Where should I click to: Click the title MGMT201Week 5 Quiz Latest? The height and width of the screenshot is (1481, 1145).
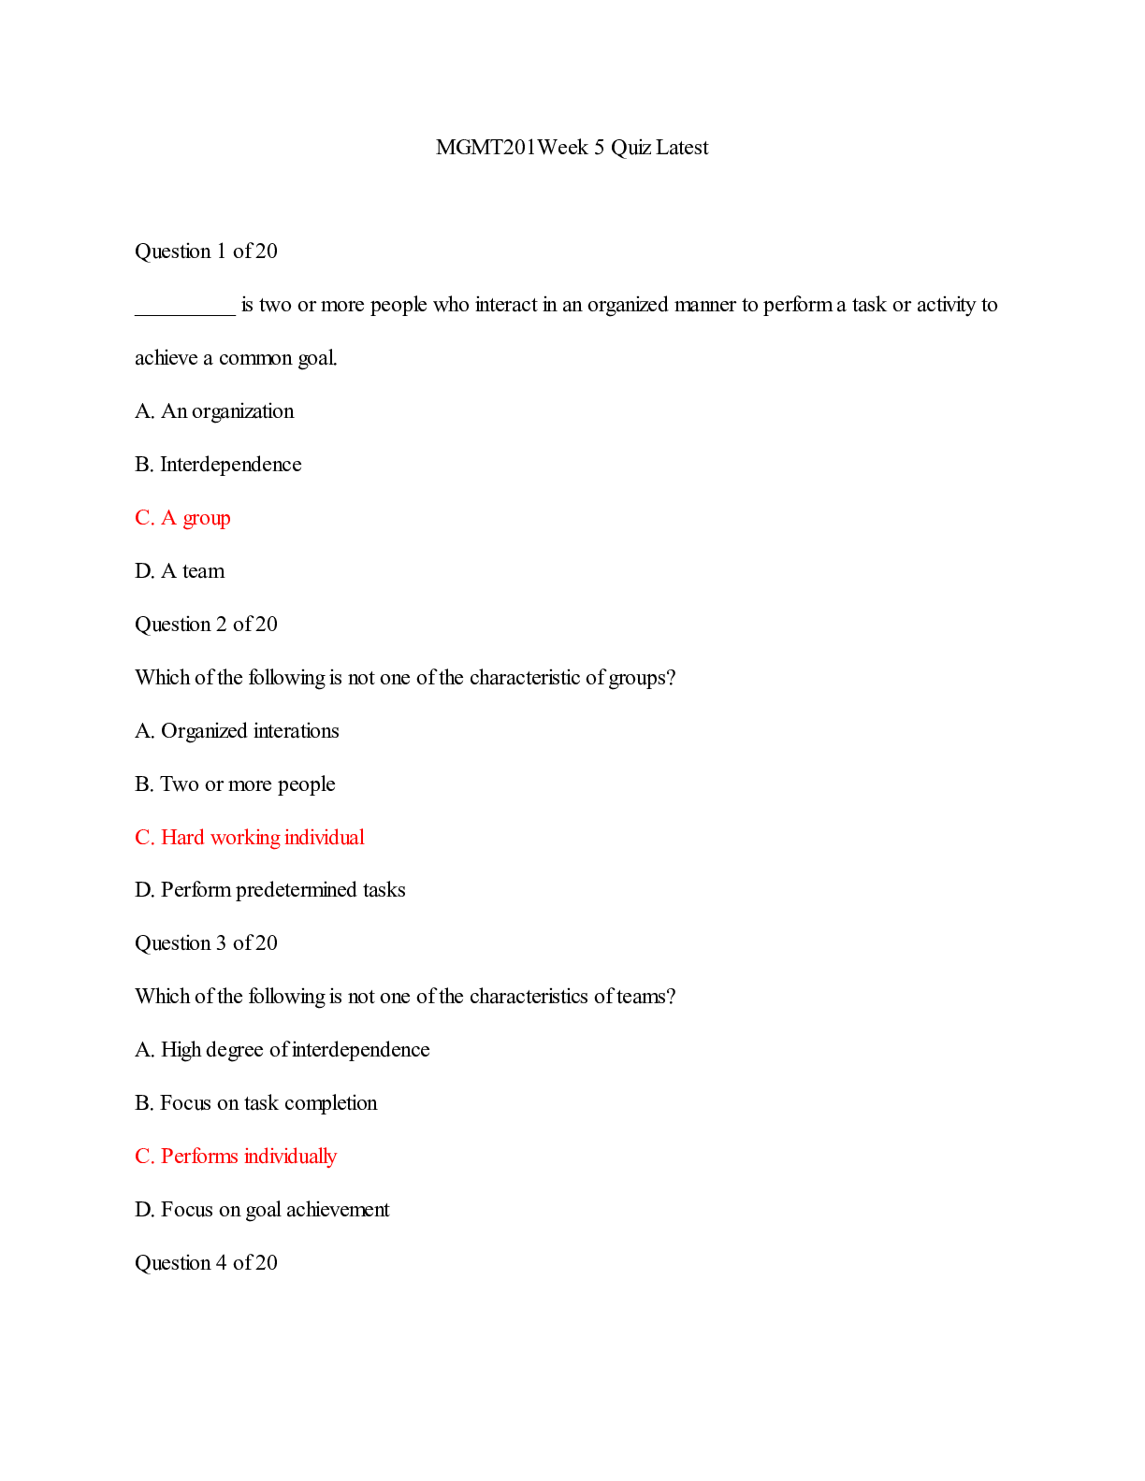click(x=572, y=148)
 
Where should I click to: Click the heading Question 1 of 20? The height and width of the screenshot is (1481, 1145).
click(x=206, y=252)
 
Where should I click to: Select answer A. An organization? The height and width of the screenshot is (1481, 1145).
click(x=214, y=411)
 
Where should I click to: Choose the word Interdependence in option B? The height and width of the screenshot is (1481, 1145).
click(x=231, y=465)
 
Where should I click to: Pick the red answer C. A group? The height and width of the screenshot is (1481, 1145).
click(x=182, y=518)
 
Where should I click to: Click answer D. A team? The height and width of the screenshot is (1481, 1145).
click(x=180, y=571)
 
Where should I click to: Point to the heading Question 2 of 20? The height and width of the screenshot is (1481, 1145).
click(x=206, y=625)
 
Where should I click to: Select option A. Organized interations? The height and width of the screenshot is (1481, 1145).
click(x=237, y=731)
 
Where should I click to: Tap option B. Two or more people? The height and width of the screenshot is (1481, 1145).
click(x=235, y=784)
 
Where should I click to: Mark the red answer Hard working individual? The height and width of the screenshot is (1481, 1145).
click(x=263, y=838)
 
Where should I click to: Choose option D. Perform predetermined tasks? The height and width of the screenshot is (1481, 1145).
click(x=270, y=890)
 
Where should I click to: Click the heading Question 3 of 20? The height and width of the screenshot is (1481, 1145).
click(x=206, y=943)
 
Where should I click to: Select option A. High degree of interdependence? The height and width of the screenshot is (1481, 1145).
click(x=283, y=1050)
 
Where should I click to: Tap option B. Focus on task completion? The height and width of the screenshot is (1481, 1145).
click(x=256, y=1103)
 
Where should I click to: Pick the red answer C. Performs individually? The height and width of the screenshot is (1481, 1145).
click(x=236, y=1157)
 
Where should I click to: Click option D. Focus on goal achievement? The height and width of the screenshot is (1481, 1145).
click(x=262, y=1210)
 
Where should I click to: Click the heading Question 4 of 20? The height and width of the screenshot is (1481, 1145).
click(x=206, y=1263)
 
